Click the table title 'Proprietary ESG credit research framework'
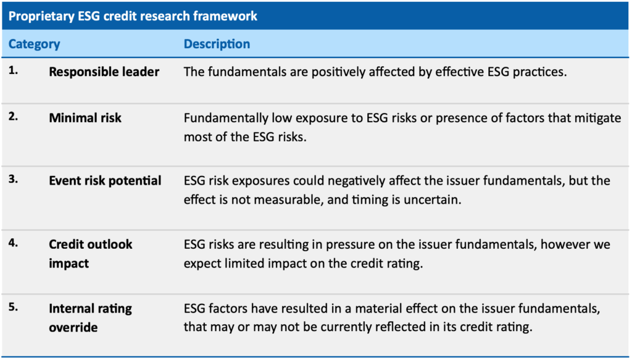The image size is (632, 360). pos(133,16)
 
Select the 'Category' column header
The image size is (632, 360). pos(35,44)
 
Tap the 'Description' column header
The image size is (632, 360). pos(217,44)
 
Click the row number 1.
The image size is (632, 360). pos(14,70)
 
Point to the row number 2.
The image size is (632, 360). pos(14,116)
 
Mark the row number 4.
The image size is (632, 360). pos(14,243)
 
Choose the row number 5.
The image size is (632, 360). pos(14,307)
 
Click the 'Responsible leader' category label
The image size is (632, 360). pos(104,72)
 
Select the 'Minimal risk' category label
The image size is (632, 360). pos(85,118)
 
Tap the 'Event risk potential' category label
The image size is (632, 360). pos(105,181)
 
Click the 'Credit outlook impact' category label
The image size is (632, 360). pos(91,254)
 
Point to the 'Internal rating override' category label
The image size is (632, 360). pos(91,317)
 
